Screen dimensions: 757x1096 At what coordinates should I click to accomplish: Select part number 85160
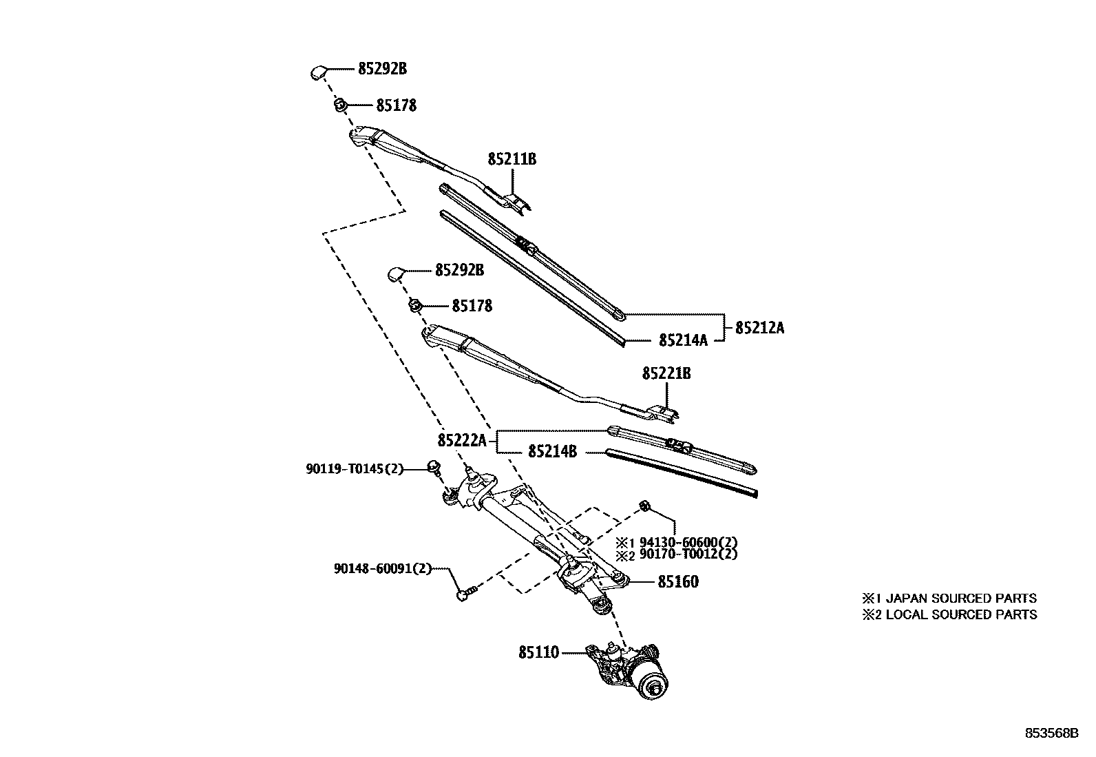coord(677,582)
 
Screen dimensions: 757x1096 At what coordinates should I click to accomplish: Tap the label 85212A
coord(759,328)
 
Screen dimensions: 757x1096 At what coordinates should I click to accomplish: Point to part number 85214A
coord(683,340)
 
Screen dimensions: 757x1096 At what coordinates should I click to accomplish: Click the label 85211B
coord(512,159)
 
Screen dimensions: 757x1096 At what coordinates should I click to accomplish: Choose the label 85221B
coord(666,373)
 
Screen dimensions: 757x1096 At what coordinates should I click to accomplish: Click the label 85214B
coord(552,452)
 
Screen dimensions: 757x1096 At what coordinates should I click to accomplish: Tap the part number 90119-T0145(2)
coord(354,469)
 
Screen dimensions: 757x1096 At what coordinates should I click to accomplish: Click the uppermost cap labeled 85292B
coord(317,71)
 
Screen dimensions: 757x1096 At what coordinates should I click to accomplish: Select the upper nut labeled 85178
coord(339,105)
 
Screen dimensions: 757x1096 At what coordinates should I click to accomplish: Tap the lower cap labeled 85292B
coord(396,273)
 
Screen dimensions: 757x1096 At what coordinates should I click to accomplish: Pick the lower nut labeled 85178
coord(415,304)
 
